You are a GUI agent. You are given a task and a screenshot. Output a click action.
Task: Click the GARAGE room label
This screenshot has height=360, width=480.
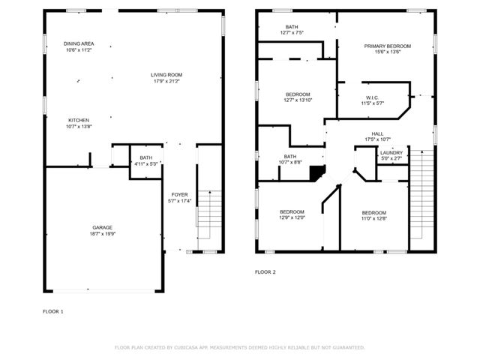click(103, 229)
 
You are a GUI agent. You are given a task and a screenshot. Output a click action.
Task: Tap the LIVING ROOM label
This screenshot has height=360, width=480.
click(166, 74)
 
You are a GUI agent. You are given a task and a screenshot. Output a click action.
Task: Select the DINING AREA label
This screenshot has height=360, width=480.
click(78, 44)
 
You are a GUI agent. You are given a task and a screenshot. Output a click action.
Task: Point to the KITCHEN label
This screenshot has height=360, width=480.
click(79, 120)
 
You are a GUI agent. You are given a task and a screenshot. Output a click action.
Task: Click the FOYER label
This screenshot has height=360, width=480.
click(179, 194)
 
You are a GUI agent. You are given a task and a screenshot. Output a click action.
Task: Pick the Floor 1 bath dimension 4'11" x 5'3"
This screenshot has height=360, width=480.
click(146, 163)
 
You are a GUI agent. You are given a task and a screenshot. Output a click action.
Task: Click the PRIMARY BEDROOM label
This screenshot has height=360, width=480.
click(388, 46)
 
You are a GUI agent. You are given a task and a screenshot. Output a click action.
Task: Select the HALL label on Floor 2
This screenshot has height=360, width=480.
click(377, 133)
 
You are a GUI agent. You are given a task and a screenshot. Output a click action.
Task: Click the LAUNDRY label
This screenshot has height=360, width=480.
click(391, 152)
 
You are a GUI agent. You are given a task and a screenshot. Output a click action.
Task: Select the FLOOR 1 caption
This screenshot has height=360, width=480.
click(52, 310)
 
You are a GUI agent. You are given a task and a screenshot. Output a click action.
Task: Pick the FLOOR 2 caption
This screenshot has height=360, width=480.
click(265, 271)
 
